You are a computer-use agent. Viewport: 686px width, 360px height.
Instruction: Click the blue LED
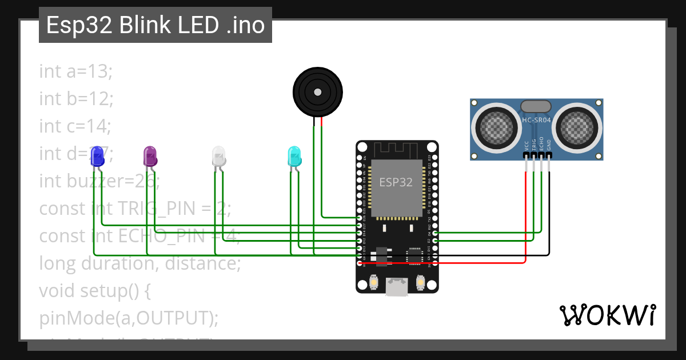pyautogui.click(x=98, y=156)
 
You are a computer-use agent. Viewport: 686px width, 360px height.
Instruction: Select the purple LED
pyautogui.click(x=150, y=156)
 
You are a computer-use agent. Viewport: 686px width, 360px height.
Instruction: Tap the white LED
pyautogui.click(x=219, y=156)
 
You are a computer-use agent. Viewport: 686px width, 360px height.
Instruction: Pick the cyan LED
pyautogui.click(x=294, y=156)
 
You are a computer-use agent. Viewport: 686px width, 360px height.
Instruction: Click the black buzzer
pyautogui.click(x=317, y=91)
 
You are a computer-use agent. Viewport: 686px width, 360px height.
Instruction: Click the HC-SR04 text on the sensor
pyautogui.click(x=536, y=120)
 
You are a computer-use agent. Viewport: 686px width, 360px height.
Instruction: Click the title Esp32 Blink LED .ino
pyautogui.click(x=155, y=26)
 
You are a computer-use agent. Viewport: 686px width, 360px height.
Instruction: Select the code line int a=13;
pyautogui.click(x=76, y=71)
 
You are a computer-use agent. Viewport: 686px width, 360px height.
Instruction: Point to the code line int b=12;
pyautogui.click(x=76, y=98)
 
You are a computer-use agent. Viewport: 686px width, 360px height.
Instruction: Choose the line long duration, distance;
pyautogui.click(x=139, y=263)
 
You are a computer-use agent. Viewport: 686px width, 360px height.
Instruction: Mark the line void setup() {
pyautogui.click(x=94, y=291)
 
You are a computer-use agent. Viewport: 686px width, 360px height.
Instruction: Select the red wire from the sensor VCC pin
pyautogui.click(x=525, y=217)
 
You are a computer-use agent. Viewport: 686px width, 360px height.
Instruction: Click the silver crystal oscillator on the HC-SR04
pyautogui.click(x=536, y=106)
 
